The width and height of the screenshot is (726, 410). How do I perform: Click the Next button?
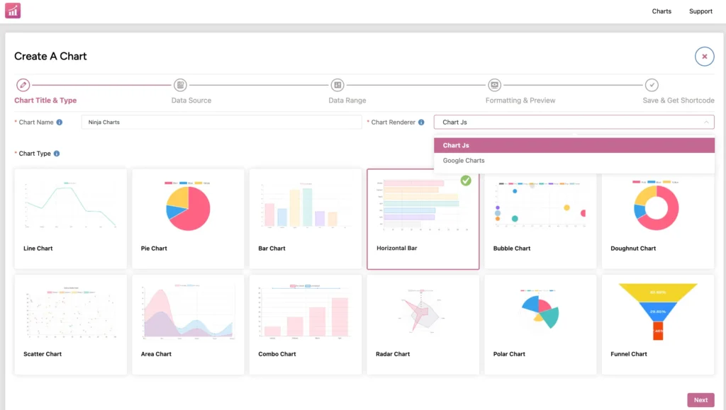click(x=700, y=400)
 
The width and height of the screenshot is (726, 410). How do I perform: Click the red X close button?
click(x=704, y=57)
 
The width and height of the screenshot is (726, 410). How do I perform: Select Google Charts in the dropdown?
click(x=464, y=161)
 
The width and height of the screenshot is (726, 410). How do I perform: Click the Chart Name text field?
click(x=221, y=123)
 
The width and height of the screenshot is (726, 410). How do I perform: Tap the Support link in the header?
click(x=700, y=11)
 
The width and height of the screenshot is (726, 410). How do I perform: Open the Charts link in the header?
click(x=661, y=11)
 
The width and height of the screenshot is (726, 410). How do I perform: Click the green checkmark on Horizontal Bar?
click(x=466, y=181)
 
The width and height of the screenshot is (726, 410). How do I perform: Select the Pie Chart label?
click(x=154, y=249)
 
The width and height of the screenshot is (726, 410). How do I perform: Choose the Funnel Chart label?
click(x=629, y=354)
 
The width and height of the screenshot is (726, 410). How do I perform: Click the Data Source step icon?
click(x=180, y=85)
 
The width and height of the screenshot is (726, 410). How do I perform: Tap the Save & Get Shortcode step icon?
click(x=652, y=85)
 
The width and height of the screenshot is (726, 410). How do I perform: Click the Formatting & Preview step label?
click(x=520, y=101)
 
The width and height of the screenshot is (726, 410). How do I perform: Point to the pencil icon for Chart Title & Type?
click(x=23, y=85)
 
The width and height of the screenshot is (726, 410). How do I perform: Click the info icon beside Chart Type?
click(x=57, y=154)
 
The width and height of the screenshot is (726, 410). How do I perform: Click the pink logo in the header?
click(x=13, y=11)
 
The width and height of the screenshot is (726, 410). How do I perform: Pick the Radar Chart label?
click(x=393, y=354)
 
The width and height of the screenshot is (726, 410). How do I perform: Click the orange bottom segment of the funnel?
click(x=658, y=331)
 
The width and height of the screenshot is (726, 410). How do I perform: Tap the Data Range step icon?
click(x=337, y=85)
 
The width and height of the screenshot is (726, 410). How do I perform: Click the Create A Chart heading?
click(x=50, y=57)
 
